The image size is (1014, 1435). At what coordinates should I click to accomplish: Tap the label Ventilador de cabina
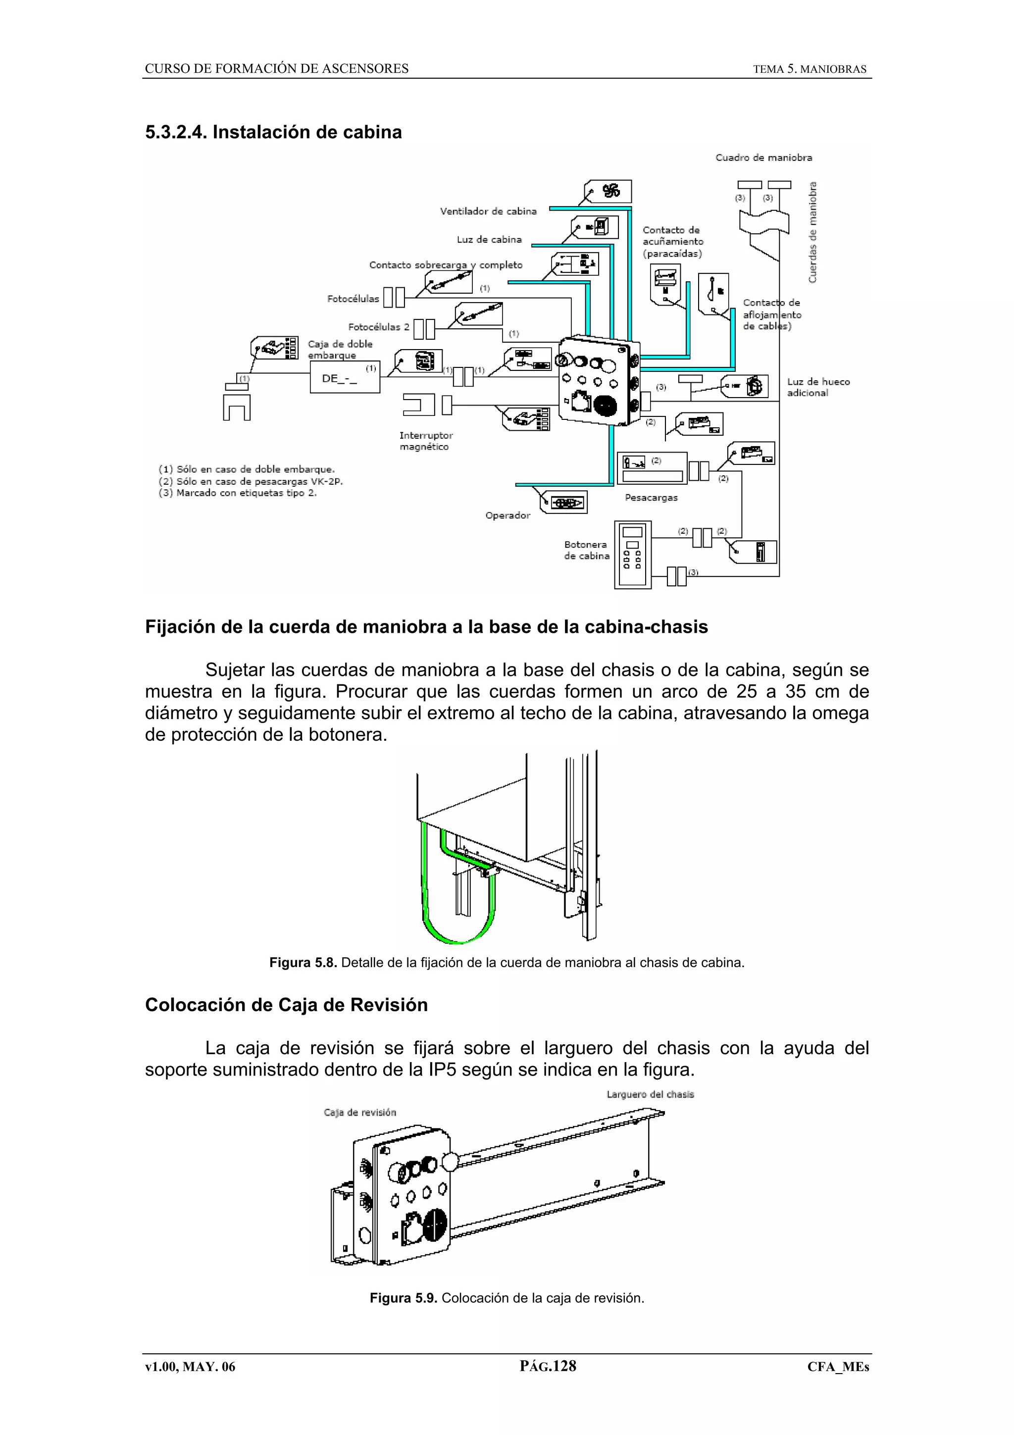[x=488, y=211]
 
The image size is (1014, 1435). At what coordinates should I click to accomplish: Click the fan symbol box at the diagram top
[x=608, y=191]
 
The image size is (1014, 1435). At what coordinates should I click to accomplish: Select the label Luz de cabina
[x=489, y=239]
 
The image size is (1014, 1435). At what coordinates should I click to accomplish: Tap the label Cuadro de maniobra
[x=763, y=157]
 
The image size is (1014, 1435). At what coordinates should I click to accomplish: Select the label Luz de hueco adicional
[x=818, y=387]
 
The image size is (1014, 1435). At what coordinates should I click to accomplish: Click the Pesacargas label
[x=651, y=498]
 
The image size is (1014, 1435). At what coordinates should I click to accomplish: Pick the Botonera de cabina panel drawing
[x=632, y=555]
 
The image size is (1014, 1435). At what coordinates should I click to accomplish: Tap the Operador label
[x=507, y=515]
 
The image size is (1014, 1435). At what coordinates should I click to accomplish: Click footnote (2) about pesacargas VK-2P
[x=251, y=481]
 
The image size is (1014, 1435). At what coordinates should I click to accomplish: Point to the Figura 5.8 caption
[x=507, y=963]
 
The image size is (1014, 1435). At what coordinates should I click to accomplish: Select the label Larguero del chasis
[x=650, y=1094]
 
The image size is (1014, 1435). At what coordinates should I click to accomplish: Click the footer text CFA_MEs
[x=837, y=1366]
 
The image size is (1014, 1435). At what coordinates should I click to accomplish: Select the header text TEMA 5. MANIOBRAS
[x=809, y=69]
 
